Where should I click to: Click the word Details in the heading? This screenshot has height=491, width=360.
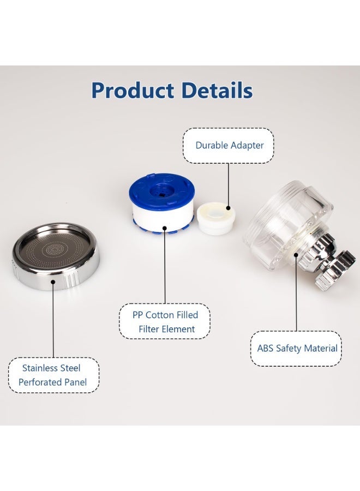pos(217,90)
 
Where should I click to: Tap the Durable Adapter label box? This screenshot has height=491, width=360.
pos(229,146)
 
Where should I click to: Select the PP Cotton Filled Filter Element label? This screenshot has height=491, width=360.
pos(165,321)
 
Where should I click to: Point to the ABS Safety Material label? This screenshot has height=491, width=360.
pos(296,349)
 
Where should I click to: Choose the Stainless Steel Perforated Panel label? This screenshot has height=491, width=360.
pos(53,375)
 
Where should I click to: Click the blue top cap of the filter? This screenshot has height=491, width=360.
pos(161,190)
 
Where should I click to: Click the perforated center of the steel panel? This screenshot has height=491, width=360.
pos(56,250)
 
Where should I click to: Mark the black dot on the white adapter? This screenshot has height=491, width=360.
pos(228,208)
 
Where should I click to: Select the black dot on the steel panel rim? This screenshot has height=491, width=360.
pos(53,282)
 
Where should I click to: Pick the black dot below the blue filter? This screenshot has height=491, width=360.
pos(165,228)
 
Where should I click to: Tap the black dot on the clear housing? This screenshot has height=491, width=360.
pos(296,255)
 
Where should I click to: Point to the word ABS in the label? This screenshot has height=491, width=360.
pos(265,348)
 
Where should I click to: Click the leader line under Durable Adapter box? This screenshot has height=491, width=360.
pos(228,185)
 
